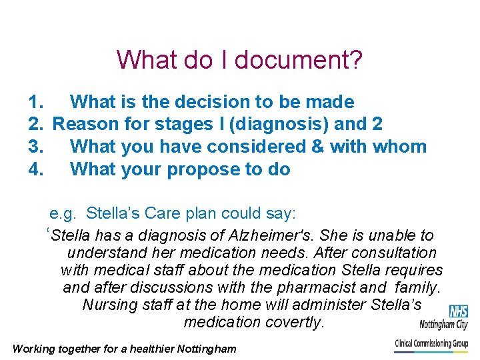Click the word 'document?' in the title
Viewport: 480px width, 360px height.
click(299, 59)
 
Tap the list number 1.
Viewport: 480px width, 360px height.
click(36, 102)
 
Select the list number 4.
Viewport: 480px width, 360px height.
click(36, 169)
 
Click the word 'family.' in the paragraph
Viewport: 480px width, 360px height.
click(417, 287)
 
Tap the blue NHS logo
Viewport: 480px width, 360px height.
click(458, 311)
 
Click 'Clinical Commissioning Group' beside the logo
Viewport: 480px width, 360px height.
click(431, 343)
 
